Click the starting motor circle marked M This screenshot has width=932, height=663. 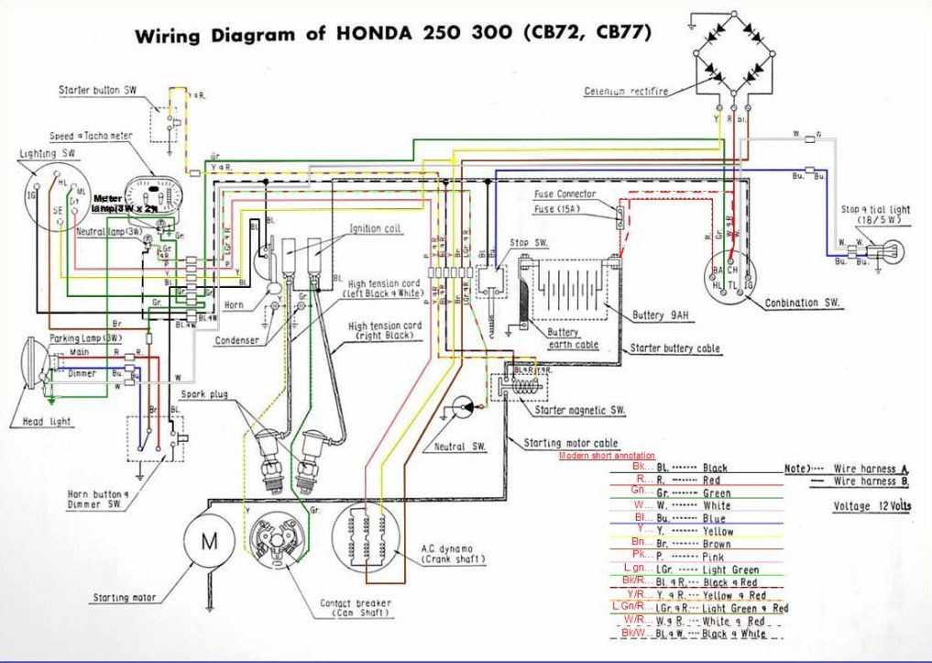point(210,540)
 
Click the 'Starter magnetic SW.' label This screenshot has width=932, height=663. point(581,410)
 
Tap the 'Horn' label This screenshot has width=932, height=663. point(234,304)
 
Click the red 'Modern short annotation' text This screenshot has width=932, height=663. point(607,455)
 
